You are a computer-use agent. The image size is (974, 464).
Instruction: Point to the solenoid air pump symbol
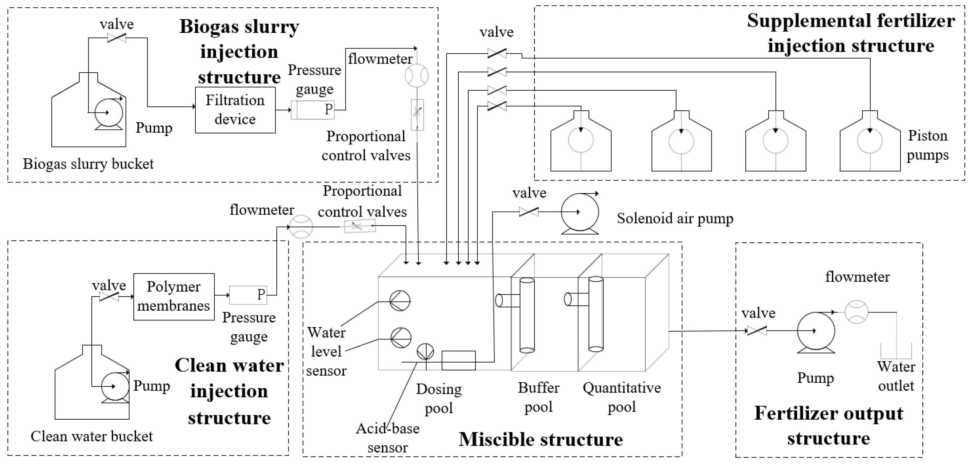[580, 213]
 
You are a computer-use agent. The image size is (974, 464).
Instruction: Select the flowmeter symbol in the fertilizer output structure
[856, 312]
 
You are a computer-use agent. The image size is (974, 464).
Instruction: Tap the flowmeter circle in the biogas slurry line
[417, 75]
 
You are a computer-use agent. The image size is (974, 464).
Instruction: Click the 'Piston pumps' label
[928, 145]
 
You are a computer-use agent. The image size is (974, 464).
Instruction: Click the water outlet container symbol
[896, 351]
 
